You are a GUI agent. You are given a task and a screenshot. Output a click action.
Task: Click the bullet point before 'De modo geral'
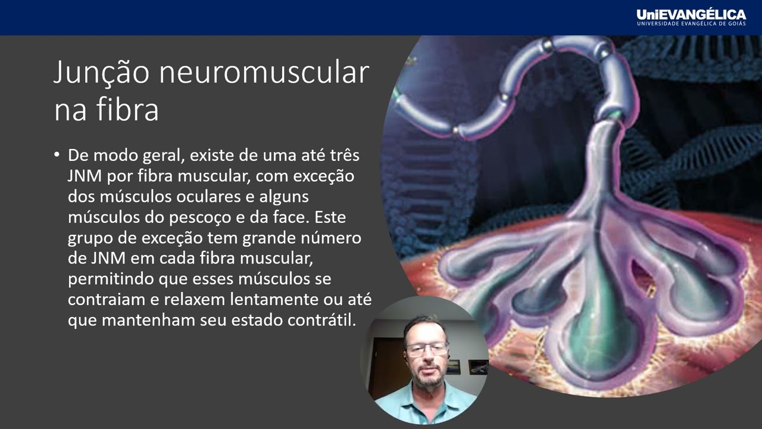click(57, 155)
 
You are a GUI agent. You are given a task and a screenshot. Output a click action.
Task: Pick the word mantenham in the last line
click(148, 320)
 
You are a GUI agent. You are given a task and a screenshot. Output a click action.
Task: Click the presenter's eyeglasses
click(426, 348)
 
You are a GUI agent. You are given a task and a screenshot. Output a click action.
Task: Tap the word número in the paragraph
click(333, 238)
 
